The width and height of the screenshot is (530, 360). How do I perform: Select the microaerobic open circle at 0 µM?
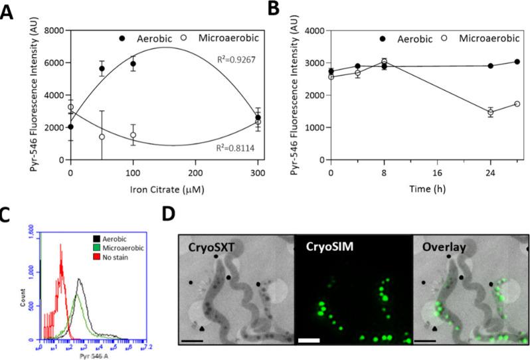click(71, 107)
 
